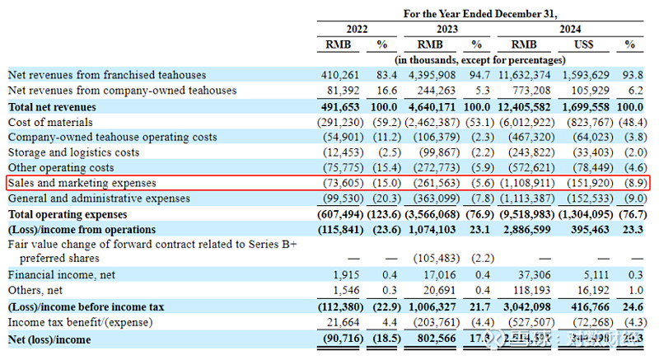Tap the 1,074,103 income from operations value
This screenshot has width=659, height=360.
[433, 229]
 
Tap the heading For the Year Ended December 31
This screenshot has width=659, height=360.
[480, 13]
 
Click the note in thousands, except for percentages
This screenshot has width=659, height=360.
[480, 59]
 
